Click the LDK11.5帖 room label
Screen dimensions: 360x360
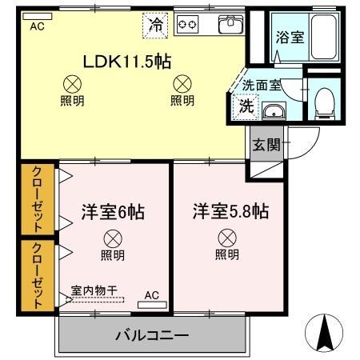[x=126, y=62]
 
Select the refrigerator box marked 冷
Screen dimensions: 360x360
[x=156, y=25]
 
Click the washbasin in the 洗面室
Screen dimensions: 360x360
[x=273, y=111]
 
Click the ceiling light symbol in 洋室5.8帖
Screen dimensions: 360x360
[x=227, y=237]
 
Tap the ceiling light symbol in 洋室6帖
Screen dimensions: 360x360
[x=113, y=237]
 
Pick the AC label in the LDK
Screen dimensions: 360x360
[x=37, y=26]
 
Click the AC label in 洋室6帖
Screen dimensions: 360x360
[x=151, y=296]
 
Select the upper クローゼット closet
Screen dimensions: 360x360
[x=38, y=197]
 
